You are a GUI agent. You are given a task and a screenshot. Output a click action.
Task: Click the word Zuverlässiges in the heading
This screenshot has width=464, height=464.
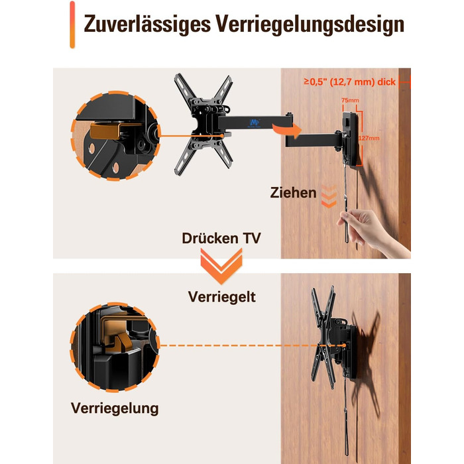coord(147,25)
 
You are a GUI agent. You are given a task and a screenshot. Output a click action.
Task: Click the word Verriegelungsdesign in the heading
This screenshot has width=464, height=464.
coord(310,25)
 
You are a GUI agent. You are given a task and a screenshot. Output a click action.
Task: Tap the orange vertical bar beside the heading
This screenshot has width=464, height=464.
coord(72,25)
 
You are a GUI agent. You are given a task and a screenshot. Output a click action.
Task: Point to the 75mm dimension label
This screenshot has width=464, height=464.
coord(350,100)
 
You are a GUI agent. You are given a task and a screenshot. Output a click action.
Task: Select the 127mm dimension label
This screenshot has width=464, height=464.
coord(369,138)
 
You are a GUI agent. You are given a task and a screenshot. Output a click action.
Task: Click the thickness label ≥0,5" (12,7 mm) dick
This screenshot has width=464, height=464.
coord(349,82)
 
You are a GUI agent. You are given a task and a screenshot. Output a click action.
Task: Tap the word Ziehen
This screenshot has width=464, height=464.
coord(293,193)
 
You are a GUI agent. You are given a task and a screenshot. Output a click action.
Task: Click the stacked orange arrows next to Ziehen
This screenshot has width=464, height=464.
coord(329,196)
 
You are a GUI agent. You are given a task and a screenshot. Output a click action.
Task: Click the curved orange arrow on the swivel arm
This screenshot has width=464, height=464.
coord(286,130)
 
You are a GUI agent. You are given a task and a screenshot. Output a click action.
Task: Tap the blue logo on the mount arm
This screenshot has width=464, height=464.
coord(254,123)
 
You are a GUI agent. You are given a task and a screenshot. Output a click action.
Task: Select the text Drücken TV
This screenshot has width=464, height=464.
coord(221,238)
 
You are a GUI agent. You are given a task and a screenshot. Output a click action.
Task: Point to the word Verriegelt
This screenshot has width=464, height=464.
coord(221,296)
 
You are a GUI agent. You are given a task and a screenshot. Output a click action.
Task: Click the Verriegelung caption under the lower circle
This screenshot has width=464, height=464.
coord(115,408)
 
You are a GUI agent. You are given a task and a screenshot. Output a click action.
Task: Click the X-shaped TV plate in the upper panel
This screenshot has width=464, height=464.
coord(203,125)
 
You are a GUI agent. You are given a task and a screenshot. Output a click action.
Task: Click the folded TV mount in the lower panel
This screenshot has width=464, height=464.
coord(334,337)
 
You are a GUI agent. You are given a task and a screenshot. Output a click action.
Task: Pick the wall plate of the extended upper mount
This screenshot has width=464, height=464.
coord(351,139)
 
